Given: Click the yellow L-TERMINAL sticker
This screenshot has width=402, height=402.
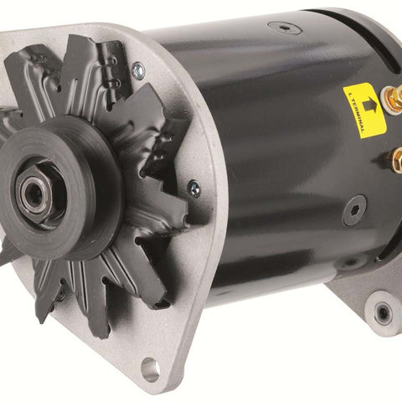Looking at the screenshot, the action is click(x=364, y=111).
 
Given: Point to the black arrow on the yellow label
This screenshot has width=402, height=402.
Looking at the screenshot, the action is click(x=369, y=105).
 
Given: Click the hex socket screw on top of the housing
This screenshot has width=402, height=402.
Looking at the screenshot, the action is click(x=284, y=28).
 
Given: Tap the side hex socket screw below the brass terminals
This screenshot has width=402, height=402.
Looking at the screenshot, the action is click(x=354, y=210).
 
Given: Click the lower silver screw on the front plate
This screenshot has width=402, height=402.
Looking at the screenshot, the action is click(x=193, y=188).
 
